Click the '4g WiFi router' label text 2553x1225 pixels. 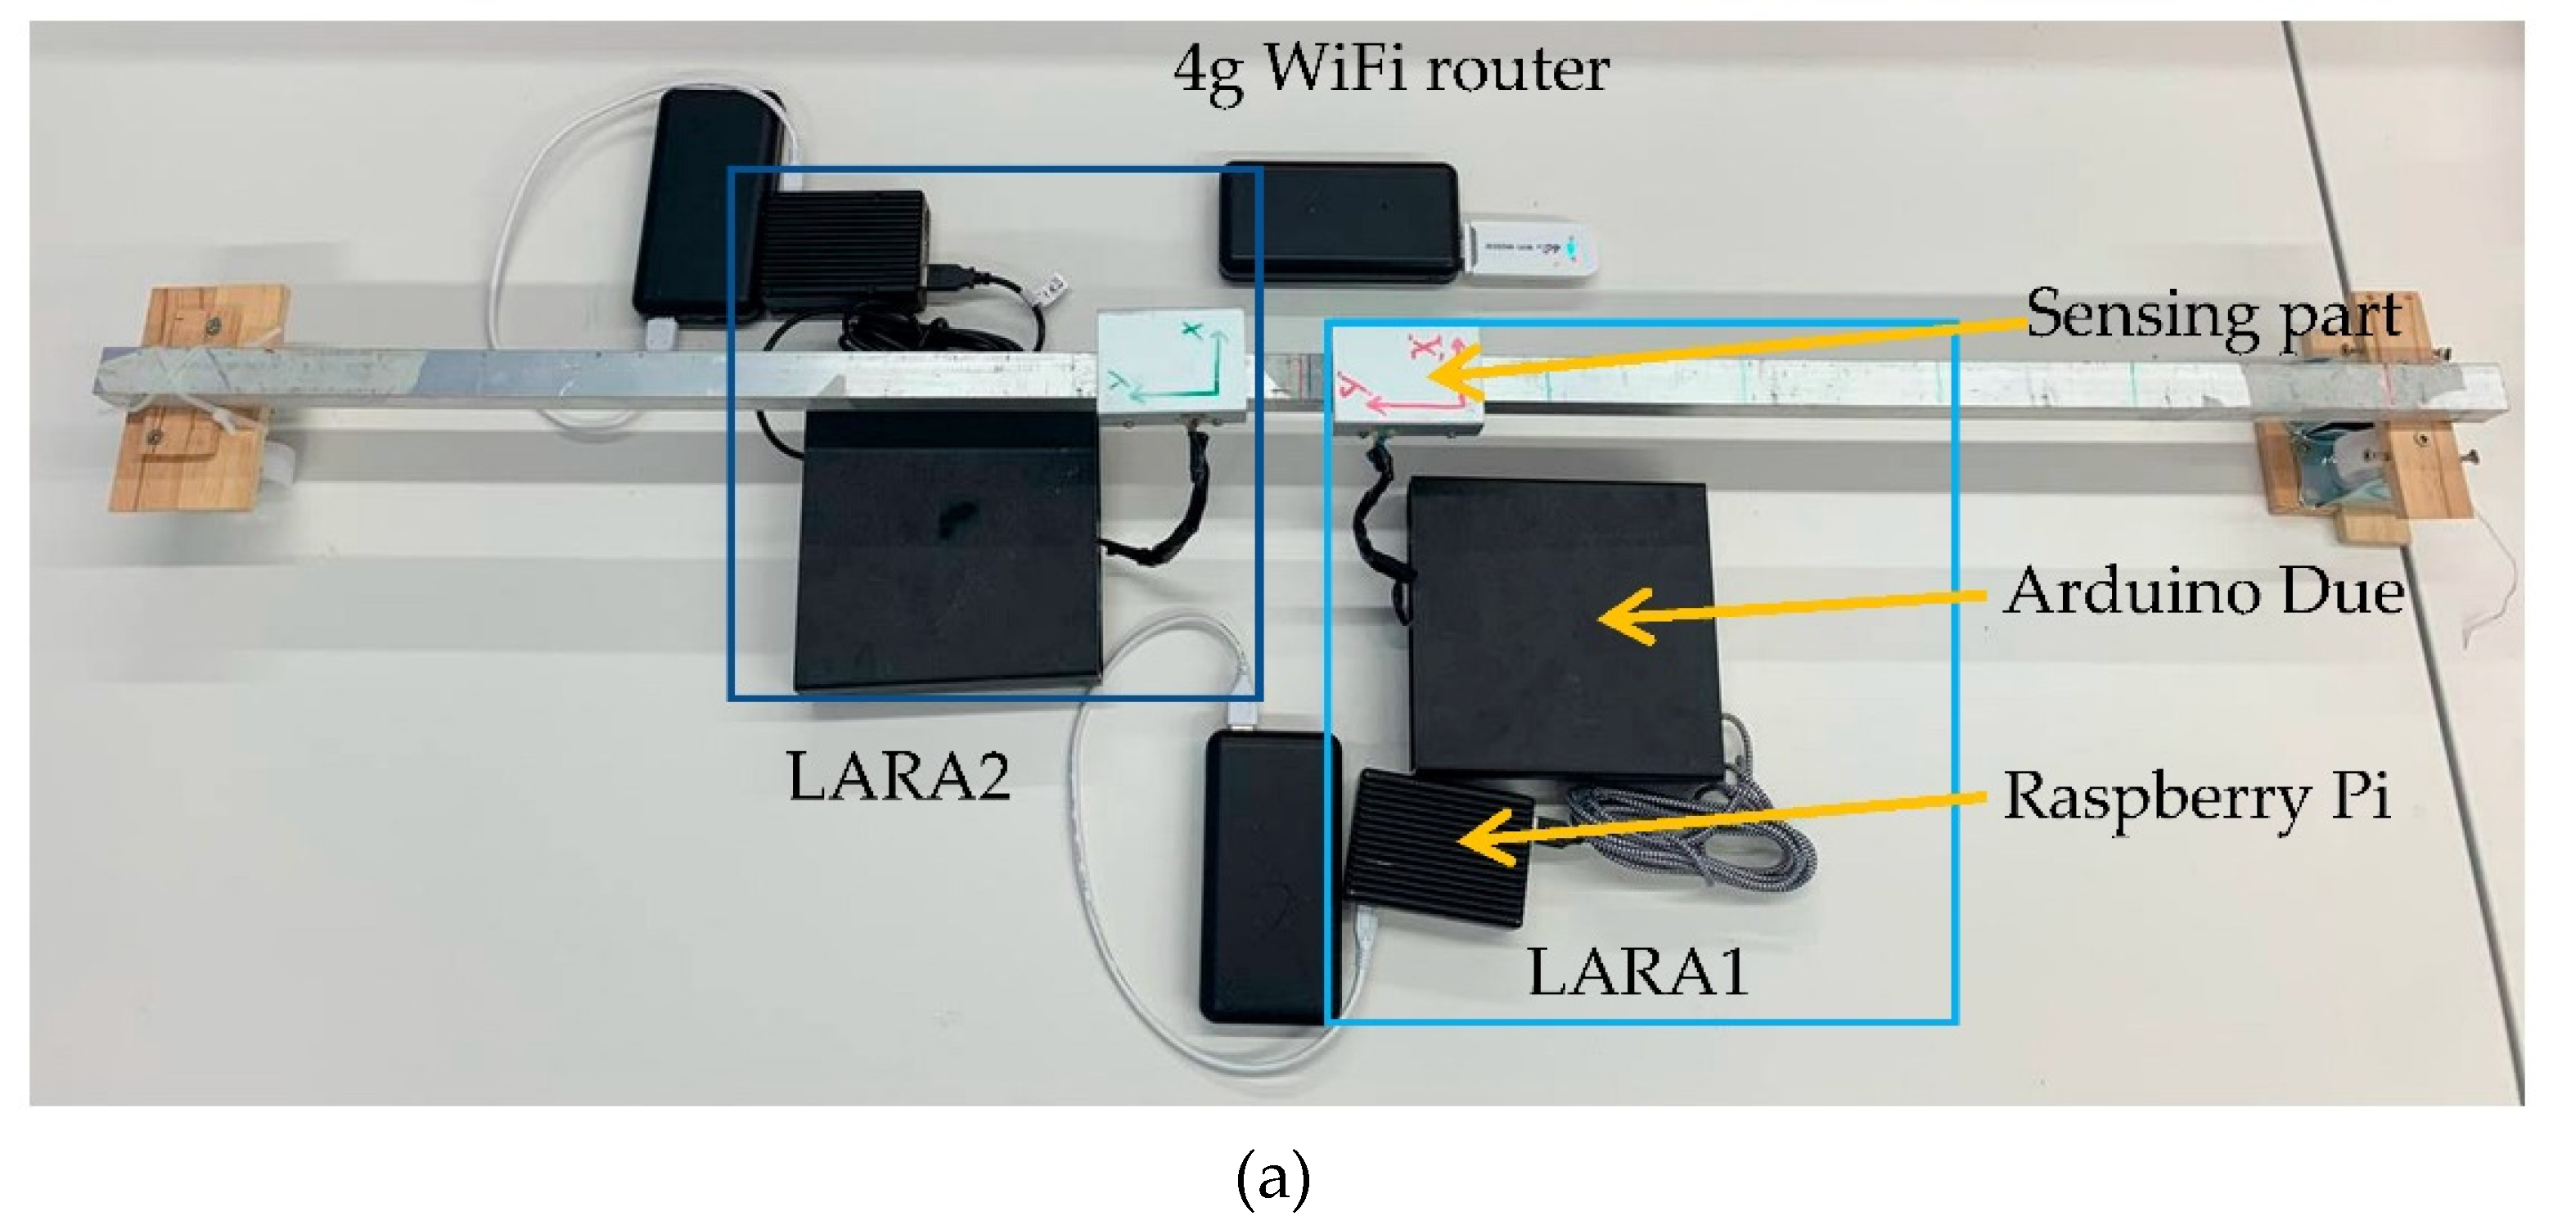1390,70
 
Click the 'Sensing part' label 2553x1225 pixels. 2211,316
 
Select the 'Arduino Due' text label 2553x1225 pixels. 2203,592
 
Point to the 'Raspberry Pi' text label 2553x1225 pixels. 2196,796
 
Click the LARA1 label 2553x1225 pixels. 1637,972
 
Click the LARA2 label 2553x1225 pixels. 897,776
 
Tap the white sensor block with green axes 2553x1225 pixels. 1172,369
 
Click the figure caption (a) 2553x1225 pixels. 1272,1178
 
